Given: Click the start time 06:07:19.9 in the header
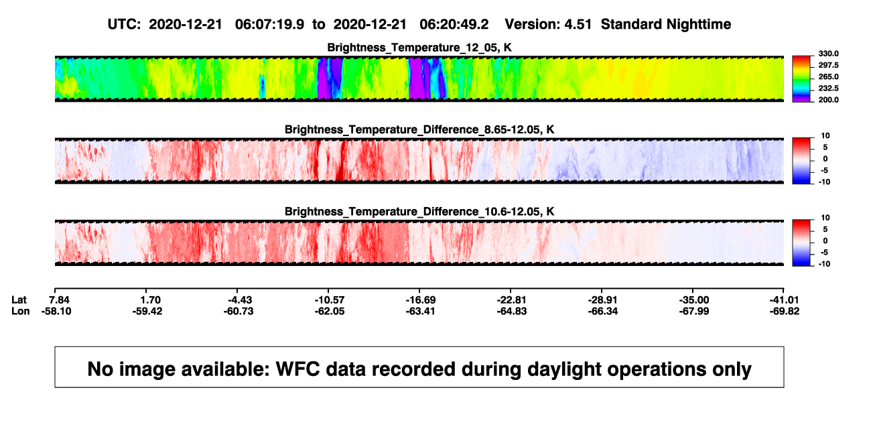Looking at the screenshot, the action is coord(269,25).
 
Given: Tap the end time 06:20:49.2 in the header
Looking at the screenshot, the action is coord(454,25).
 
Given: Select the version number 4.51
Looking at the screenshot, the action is coord(578,25).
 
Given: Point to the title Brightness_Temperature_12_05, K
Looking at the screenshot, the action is coord(419,48).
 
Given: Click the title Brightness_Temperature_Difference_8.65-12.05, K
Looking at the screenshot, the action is coord(419,129).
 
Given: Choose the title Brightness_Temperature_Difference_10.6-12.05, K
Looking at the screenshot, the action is coord(419,212).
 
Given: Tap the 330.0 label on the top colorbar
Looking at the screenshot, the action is coord(828,54).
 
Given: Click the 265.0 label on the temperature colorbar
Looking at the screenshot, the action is coord(828,76).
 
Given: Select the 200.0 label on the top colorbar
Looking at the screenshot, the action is coord(828,100).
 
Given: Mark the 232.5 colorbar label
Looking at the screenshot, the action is coord(828,88).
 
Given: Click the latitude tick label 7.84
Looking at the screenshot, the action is coord(59,300).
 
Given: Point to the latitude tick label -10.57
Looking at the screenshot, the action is coord(330,300).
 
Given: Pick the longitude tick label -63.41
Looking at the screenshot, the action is coord(420,312).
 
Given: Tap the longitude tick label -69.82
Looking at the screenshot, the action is coord(785,312).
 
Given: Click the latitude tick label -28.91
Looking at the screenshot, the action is coord(603,300).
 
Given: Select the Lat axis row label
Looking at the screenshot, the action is coord(19,300).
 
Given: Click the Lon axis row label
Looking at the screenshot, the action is coord(21,312).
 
